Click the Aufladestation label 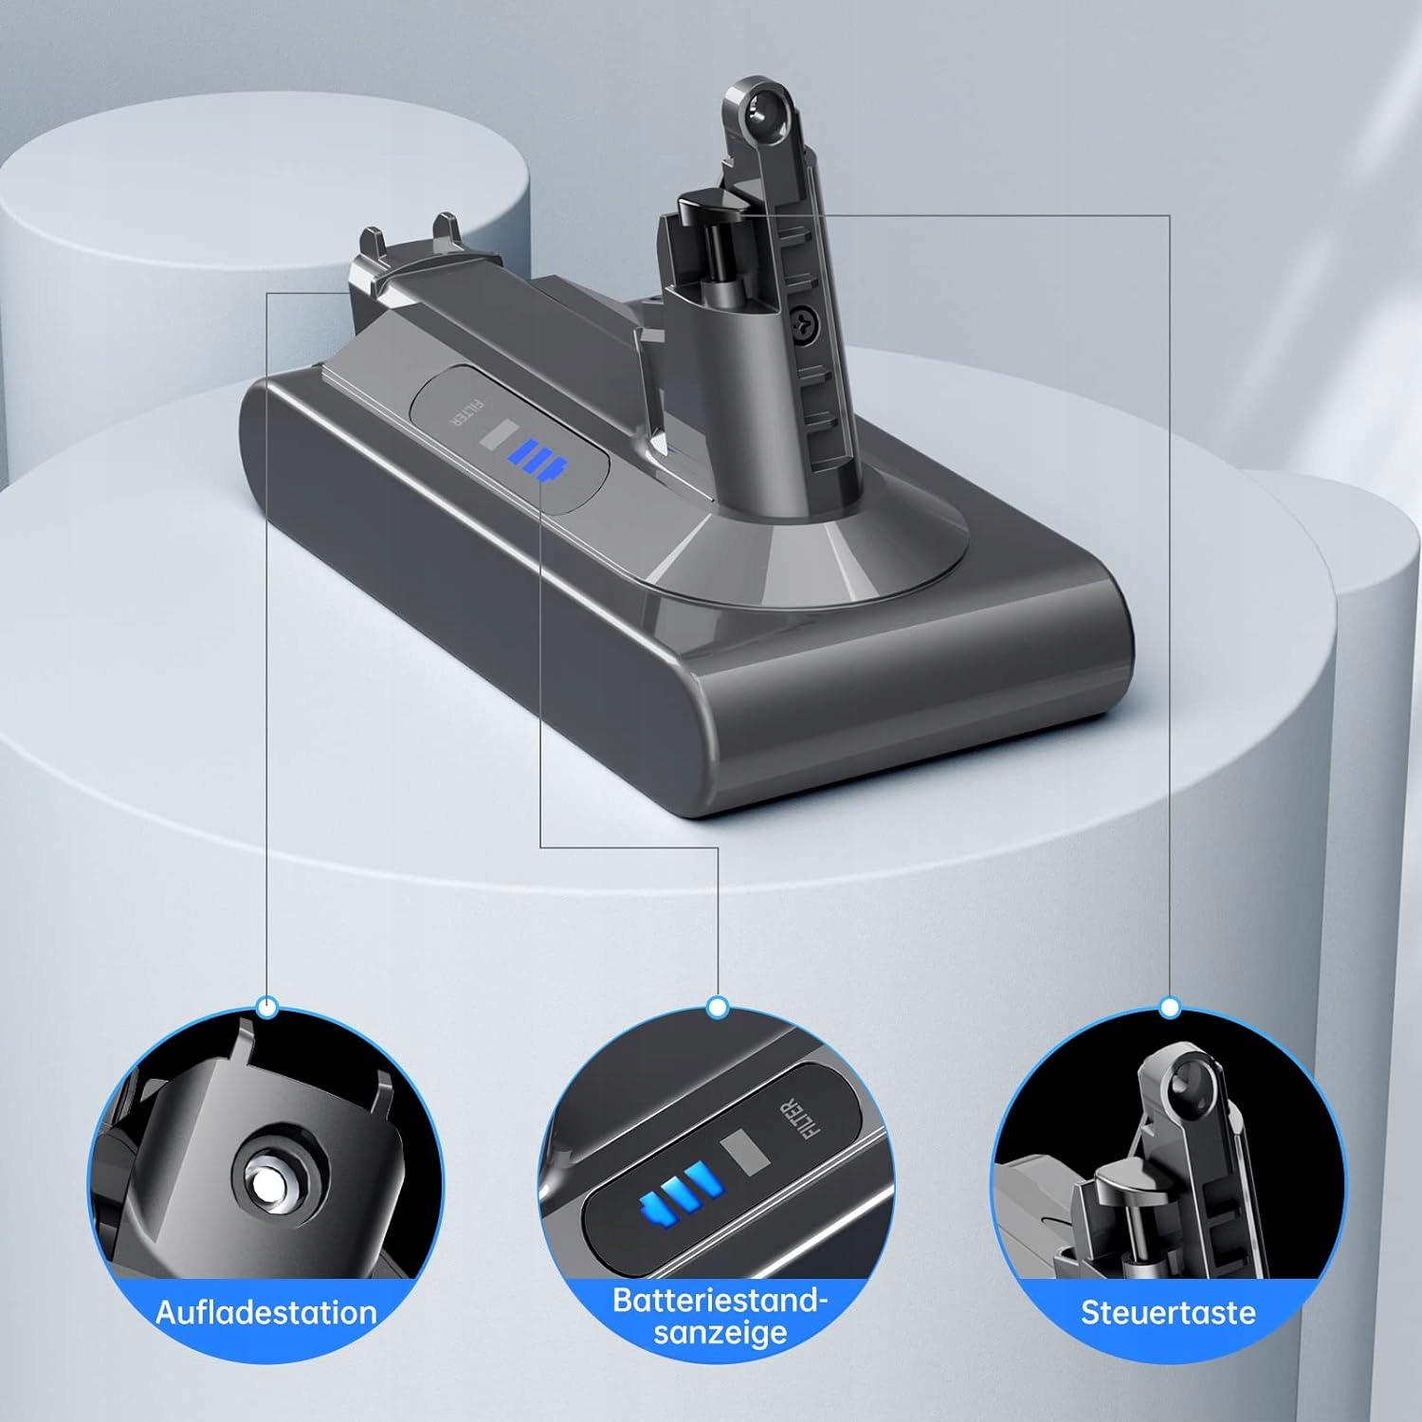pos(266,1312)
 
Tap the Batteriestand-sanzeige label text pos(720,1316)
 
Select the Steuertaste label pos(1168,1312)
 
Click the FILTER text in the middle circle pos(798,1120)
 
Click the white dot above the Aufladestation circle pos(267,1007)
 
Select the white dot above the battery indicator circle pos(718,1007)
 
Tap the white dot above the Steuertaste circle pos(1170,1007)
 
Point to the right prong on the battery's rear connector pos(446,229)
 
